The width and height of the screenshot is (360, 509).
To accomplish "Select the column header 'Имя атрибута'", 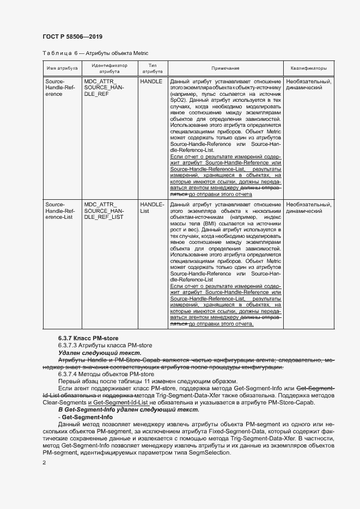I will pyautogui.click(x=62, y=69).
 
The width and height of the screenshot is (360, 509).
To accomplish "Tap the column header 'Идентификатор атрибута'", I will pyautogui.click(x=109, y=68).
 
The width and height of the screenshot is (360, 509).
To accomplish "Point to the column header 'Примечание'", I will pyautogui.click(x=225, y=69).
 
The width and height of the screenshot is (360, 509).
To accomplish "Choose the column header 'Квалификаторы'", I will pyautogui.click(x=308, y=69).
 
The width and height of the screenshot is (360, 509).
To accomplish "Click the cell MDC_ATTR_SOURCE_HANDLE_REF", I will pyautogui.click(x=105, y=87).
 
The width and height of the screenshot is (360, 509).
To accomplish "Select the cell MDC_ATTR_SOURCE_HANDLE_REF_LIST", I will pyautogui.click(x=105, y=211).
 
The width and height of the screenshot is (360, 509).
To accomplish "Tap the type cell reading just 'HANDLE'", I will pyautogui.click(x=151, y=81).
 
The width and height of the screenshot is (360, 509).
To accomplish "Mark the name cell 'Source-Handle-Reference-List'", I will pyautogui.click(x=60, y=211).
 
